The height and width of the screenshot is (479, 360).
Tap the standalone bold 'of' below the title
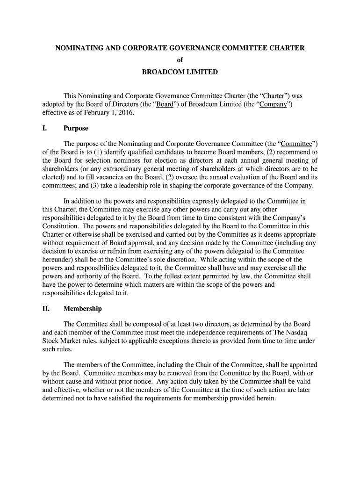[180, 60]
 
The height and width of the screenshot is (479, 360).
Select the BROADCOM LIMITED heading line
[180, 73]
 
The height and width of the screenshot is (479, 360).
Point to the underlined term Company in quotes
[273, 104]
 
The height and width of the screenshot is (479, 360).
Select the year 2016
[127, 113]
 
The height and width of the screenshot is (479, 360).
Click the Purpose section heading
[76, 128]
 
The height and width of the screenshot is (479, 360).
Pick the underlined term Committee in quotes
[297, 144]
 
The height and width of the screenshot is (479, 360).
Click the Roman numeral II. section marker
[47, 309]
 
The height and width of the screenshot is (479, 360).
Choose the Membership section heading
[83, 309]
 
